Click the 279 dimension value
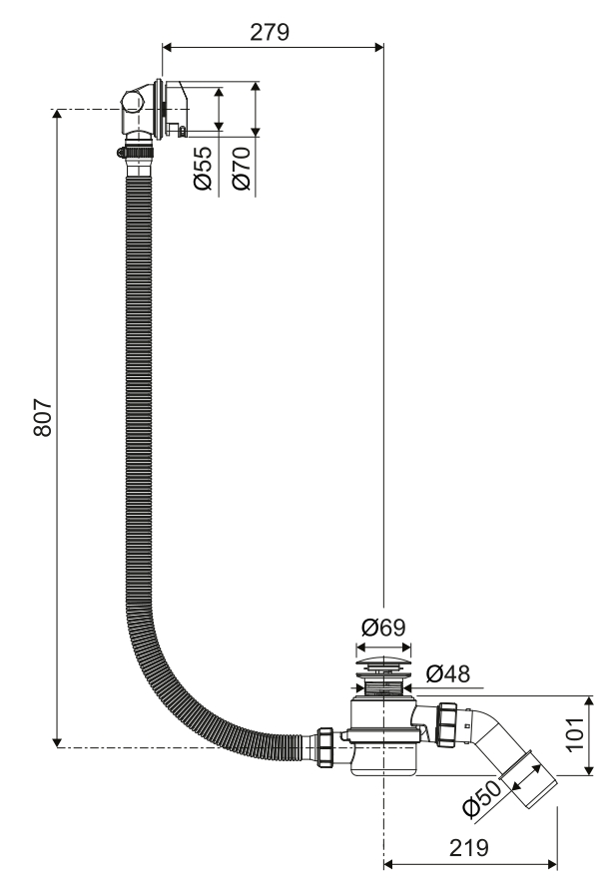(x=270, y=32)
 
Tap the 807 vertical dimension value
(x=43, y=417)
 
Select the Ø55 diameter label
(x=203, y=168)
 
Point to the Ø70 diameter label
(x=242, y=168)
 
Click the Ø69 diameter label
(x=383, y=627)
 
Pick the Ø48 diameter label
(x=447, y=673)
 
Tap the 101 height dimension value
(x=575, y=733)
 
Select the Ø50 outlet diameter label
(x=482, y=798)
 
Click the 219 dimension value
(x=469, y=847)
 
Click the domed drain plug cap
(x=383, y=663)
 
